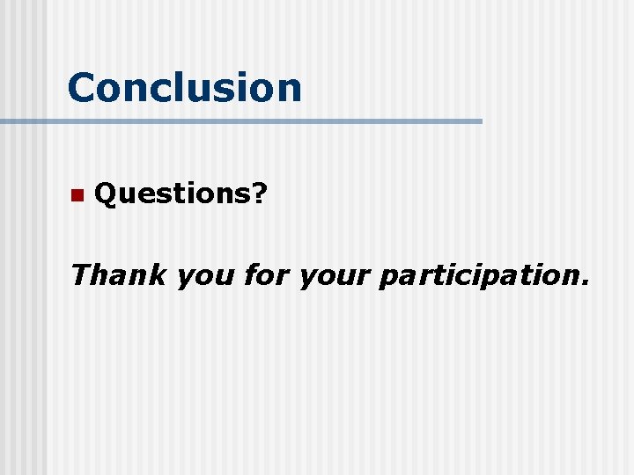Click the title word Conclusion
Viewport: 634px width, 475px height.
point(184,87)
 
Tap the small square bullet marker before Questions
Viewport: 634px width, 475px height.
point(76,194)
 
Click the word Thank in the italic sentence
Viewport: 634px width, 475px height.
point(118,274)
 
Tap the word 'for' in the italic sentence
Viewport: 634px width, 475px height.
point(266,274)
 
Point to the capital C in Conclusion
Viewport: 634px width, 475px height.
point(83,87)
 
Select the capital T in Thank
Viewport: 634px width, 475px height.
point(82,274)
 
